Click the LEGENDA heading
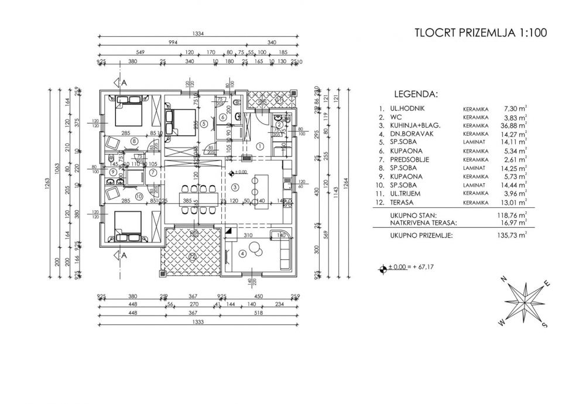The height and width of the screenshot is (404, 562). click(416, 94)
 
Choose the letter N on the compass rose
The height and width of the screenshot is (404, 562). click(505, 280)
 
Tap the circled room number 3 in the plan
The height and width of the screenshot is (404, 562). click(235, 187)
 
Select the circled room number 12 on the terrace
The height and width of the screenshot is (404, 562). click(191, 255)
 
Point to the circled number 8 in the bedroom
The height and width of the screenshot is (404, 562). click(135, 141)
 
